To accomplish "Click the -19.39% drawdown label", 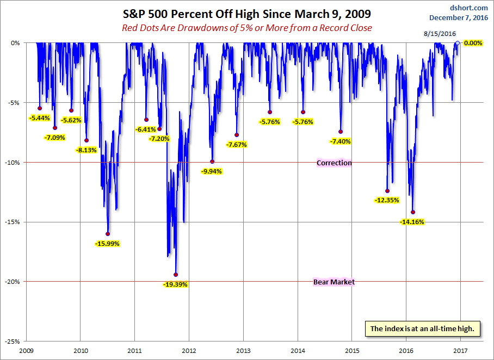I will pos(175,284).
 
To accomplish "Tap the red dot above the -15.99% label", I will pos(108,234).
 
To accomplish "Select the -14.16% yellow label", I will pos(412,222).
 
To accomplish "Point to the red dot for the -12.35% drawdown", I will pos(387,191).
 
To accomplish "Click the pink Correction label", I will pos(334,163).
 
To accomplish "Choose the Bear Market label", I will pos(334,282).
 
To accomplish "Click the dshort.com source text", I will pos(470,8).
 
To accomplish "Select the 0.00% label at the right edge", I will pos(473,43).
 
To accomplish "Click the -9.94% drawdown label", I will pos(211,171).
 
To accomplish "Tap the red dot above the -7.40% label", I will pos(341,132).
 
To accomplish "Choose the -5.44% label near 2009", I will pos(39,118).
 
